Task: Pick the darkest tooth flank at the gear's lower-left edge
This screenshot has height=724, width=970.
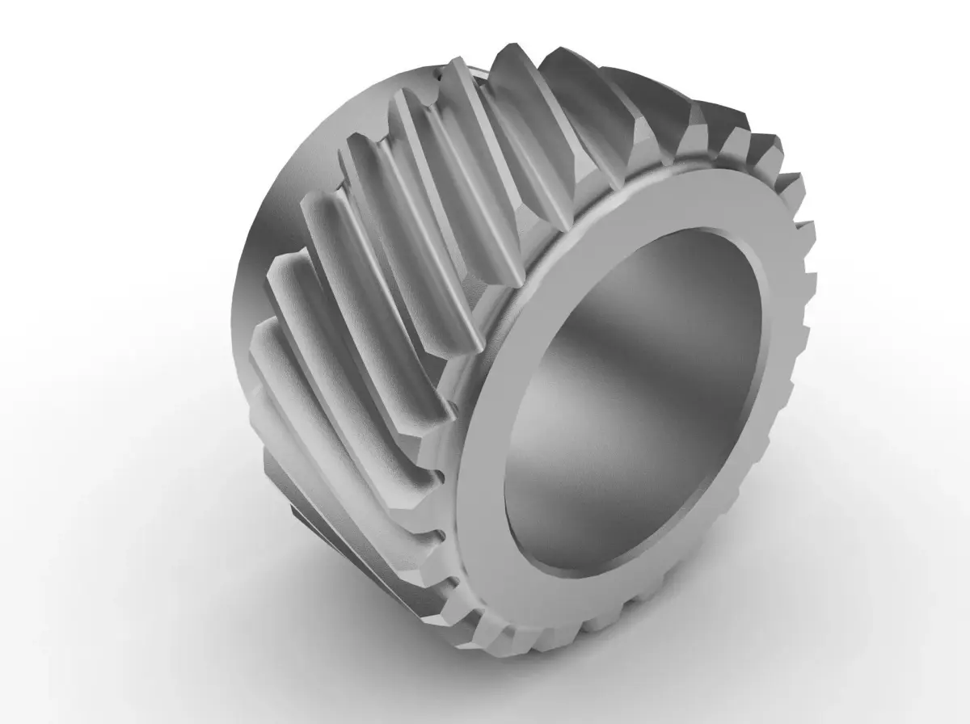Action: pos(307,525)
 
